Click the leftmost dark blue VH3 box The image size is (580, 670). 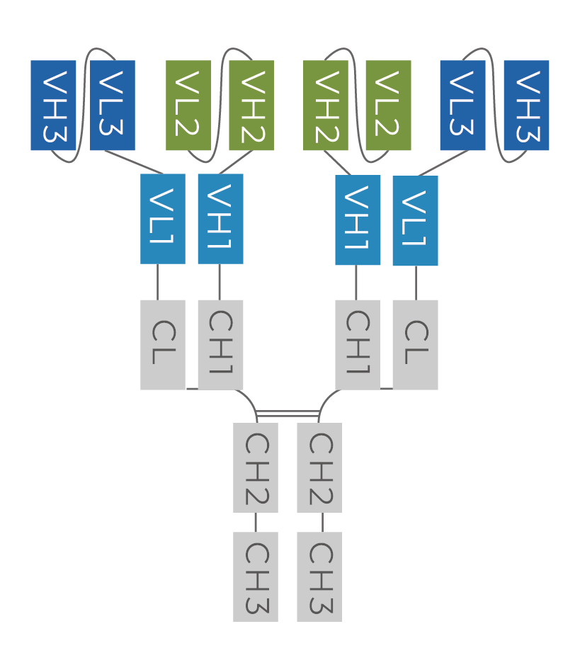[x=53, y=106]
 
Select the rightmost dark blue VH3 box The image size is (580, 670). [x=526, y=106]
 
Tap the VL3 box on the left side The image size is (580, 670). [x=113, y=106]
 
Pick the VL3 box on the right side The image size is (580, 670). [x=462, y=106]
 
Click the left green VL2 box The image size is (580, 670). [x=188, y=106]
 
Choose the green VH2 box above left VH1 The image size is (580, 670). [x=251, y=106]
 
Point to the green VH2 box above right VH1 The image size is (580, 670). [x=326, y=106]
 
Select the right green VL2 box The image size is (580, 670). [x=388, y=106]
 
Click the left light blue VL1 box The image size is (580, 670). [x=163, y=219]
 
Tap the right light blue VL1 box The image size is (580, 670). [x=415, y=221]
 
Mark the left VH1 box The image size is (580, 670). [x=220, y=219]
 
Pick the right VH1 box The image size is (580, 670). [x=358, y=220]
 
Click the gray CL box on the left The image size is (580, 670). [x=163, y=345]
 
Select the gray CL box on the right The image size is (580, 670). [x=415, y=345]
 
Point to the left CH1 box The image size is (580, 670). [x=220, y=345]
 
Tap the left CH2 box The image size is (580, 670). [x=256, y=467]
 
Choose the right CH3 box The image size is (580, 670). [x=319, y=577]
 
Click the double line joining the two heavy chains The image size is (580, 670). [x=288, y=413]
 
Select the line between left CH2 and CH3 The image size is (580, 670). [x=256, y=522]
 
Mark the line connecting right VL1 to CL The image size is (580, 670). [x=416, y=283]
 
